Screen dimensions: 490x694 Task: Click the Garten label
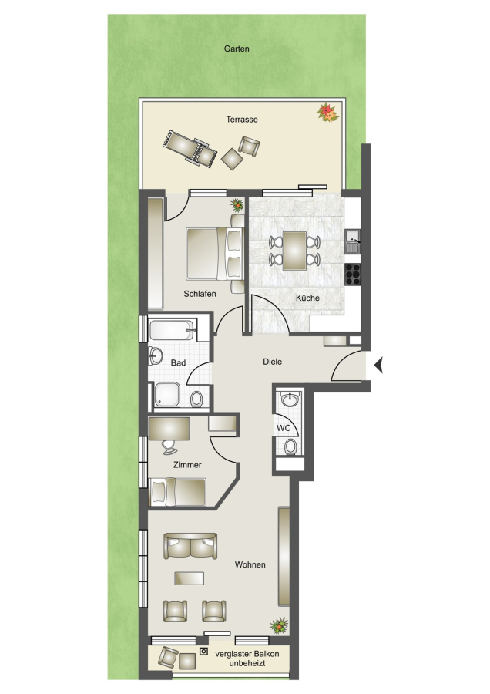click(x=237, y=49)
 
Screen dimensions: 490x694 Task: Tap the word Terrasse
click(x=242, y=119)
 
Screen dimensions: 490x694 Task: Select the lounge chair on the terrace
click(x=190, y=148)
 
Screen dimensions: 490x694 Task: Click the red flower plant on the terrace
click(x=327, y=112)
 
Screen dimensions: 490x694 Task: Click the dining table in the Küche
click(x=294, y=251)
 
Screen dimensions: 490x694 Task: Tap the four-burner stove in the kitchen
click(x=353, y=275)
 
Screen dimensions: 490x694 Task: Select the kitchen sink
click(x=353, y=241)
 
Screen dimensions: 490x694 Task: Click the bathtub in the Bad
click(x=173, y=330)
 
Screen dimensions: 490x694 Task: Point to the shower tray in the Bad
click(x=167, y=395)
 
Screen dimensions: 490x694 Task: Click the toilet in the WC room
click(x=290, y=446)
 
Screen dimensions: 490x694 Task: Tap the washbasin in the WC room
click(x=290, y=399)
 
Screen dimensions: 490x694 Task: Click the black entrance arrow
click(x=378, y=366)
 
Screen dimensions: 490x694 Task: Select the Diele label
click(x=273, y=362)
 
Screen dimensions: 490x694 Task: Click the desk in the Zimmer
click(x=169, y=429)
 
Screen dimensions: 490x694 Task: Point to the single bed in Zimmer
click(x=178, y=492)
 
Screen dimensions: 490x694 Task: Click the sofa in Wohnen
click(x=190, y=546)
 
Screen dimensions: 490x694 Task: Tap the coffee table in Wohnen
click(x=190, y=578)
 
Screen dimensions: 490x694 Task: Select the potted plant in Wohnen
click(x=279, y=625)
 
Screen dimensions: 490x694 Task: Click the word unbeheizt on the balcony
click(x=247, y=663)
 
